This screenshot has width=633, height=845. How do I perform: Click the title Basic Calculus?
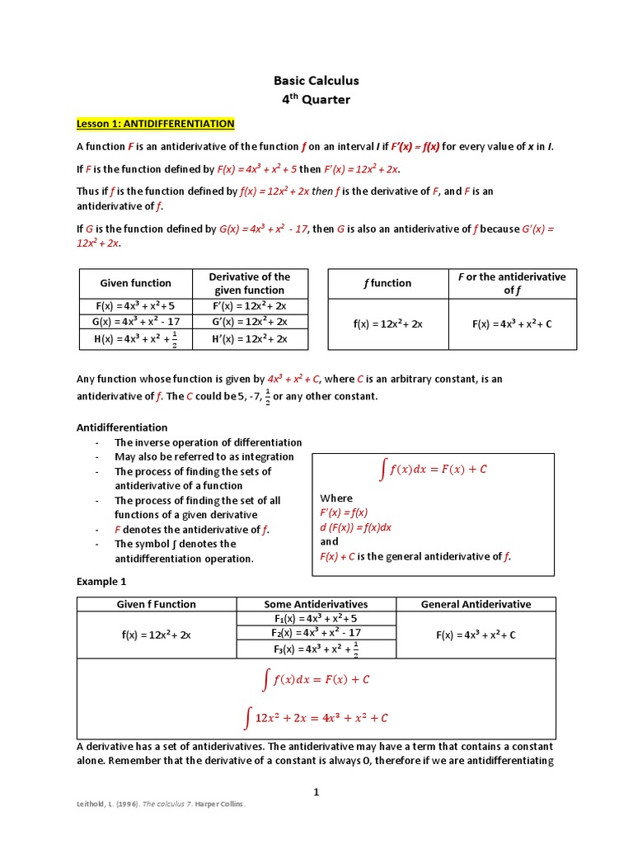coord(316,81)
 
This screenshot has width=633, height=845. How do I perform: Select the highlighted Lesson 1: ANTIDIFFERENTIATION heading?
coord(156,124)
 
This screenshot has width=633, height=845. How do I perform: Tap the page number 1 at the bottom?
coord(316,792)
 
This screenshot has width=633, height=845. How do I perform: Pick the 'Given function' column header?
coord(135,283)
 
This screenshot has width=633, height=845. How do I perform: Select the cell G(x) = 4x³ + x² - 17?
coord(135,322)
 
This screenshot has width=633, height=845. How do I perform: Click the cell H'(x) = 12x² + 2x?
coord(250,339)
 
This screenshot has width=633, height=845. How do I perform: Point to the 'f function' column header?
coord(387,283)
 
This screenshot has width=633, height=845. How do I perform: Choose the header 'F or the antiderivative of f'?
coord(512,283)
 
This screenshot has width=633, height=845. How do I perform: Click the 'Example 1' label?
coord(101,581)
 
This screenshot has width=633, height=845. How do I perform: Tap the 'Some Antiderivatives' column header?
coord(316,604)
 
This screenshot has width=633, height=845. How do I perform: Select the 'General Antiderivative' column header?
coord(476,604)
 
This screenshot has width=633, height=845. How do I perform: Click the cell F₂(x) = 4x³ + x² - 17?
coord(316,633)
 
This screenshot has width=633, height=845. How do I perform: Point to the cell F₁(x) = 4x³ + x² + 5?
coord(316,618)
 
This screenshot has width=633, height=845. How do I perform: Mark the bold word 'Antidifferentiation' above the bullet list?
coord(122,427)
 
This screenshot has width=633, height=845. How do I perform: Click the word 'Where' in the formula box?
coord(335,498)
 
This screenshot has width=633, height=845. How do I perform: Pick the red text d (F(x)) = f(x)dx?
coord(355,527)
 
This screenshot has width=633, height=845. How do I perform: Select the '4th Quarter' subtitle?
coord(316,100)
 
